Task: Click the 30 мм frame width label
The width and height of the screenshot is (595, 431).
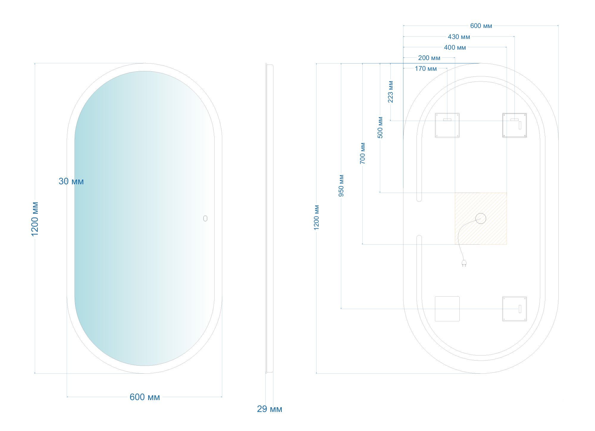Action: click(x=71, y=181)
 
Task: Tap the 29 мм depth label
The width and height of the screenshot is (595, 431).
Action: click(x=270, y=409)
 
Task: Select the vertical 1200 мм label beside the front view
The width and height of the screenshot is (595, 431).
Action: click(x=35, y=219)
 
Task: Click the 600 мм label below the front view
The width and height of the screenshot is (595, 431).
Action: click(x=145, y=397)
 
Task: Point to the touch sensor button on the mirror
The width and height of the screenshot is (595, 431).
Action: click(x=205, y=218)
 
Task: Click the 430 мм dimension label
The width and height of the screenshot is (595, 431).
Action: click(x=459, y=37)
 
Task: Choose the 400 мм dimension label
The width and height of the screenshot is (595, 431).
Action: click(x=455, y=48)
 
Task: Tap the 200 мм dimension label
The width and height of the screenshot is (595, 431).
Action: click(x=429, y=58)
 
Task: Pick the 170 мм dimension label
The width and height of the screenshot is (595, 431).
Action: click(x=426, y=69)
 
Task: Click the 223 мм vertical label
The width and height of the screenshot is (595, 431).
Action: click(x=391, y=92)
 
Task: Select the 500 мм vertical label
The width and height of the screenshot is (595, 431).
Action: click(x=380, y=127)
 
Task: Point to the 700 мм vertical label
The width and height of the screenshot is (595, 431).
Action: click(x=362, y=153)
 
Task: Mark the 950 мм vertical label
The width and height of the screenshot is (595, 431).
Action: click(x=341, y=185)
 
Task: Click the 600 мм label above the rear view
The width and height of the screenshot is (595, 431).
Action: click(x=481, y=26)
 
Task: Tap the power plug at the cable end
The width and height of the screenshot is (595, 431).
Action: click(x=464, y=263)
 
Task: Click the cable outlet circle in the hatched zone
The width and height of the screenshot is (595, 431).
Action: click(x=481, y=218)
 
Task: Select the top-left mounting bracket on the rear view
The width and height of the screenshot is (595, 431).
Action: click(x=447, y=125)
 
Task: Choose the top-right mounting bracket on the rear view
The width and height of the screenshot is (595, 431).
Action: click(x=514, y=125)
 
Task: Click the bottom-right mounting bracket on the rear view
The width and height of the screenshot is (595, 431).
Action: click(x=514, y=309)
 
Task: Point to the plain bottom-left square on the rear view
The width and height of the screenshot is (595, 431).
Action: click(x=447, y=309)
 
